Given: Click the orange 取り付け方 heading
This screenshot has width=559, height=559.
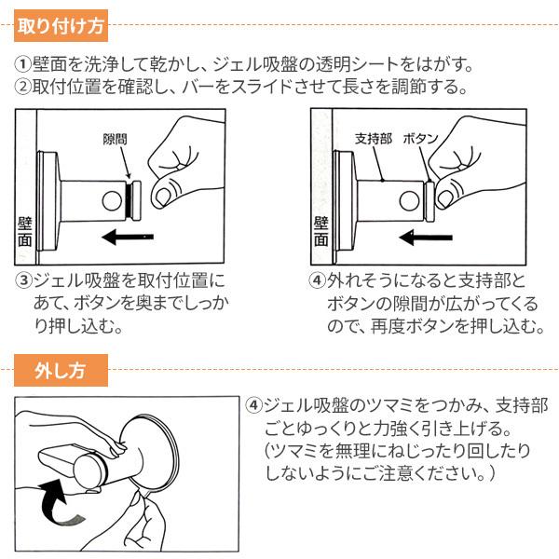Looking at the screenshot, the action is pos(61,26).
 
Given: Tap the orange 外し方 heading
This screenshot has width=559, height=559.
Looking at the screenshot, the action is pos(61,371).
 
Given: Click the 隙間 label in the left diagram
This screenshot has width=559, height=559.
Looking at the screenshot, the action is pos(115,139).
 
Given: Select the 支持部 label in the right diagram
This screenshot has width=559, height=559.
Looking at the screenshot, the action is pos(374,138).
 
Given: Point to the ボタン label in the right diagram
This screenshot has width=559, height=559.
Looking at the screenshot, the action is pos(420,138).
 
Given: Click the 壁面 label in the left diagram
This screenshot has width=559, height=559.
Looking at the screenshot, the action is pos(25,232).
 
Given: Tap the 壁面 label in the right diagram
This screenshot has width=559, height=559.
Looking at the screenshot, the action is pos(320,232).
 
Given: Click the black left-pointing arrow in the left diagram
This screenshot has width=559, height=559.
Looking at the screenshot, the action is pos(128,237).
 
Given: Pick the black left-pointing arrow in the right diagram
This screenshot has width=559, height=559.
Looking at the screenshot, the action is pos(426,238).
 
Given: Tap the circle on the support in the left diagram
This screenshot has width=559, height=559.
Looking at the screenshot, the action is pos(112,201).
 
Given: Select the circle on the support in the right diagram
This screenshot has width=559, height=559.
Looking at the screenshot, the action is pos(409,201).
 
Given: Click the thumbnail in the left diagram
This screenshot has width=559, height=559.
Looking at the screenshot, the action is pos(163,198).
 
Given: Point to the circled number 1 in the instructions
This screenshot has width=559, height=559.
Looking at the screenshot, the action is pos(22,64).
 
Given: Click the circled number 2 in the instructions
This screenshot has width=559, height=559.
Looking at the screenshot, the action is pos(22,87).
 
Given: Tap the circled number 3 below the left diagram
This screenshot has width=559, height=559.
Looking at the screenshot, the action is pos(23,280).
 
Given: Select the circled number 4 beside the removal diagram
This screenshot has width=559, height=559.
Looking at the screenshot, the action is pos(253,405).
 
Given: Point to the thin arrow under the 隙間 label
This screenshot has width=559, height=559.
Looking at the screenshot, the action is pos(125,162).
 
